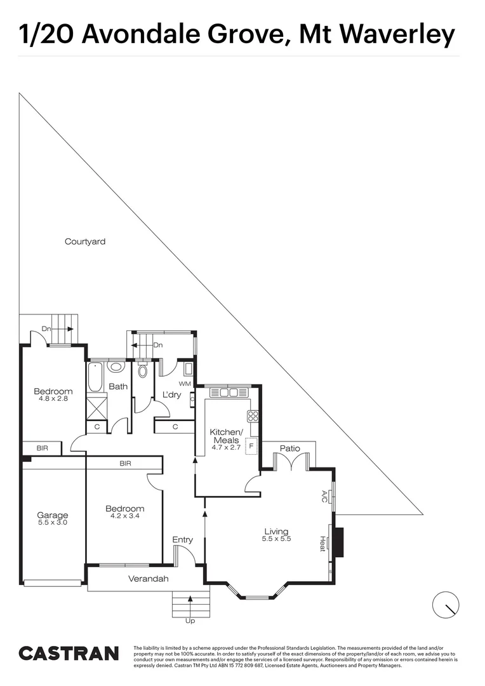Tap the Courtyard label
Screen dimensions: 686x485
point(85,241)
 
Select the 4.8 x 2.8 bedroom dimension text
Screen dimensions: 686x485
point(53,399)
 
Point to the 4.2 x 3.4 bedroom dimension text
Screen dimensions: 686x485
point(124,516)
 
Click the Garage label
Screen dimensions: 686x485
point(52,515)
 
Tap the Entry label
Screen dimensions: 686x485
point(183,540)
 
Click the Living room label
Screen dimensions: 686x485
point(276,532)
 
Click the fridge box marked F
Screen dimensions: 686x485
point(252,446)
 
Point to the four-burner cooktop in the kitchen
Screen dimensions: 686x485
point(253,417)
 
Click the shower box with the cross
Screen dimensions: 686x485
point(96,405)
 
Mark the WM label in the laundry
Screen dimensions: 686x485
point(185,384)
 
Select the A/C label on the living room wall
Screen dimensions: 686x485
point(324,495)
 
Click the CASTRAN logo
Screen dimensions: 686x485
point(69,654)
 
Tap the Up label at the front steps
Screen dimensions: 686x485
point(190,621)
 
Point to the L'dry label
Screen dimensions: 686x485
point(172,394)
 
